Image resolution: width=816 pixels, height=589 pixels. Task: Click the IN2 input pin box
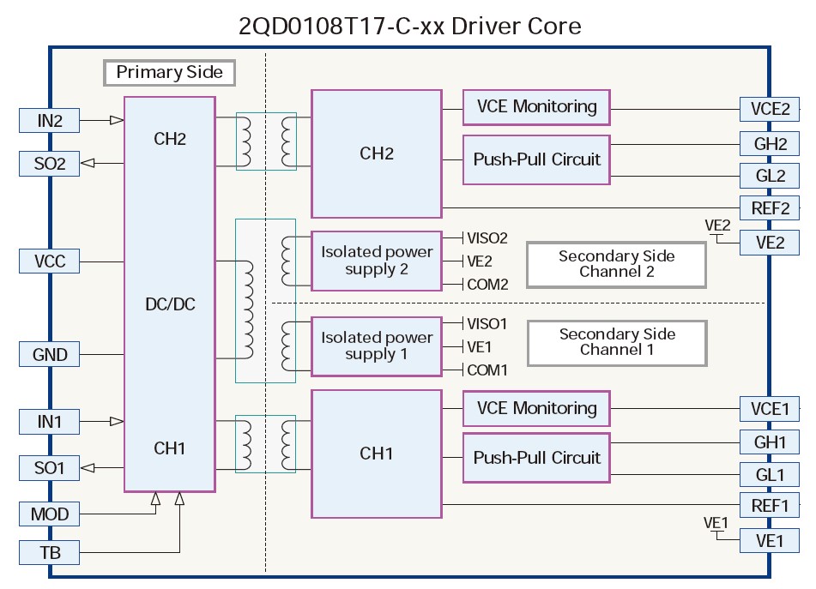[x=50, y=121]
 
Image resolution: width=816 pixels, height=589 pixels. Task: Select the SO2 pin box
[x=50, y=163]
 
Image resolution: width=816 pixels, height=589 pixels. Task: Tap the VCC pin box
[x=50, y=261]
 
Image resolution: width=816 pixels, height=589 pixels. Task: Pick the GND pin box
[x=50, y=354]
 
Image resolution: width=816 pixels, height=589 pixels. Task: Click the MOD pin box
[x=50, y=514]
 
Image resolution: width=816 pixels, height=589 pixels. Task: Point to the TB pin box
[x=50, y=553]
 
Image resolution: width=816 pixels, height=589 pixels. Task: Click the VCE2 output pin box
[x=770, y=109]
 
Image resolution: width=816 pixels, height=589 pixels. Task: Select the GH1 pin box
[x=770, y=443]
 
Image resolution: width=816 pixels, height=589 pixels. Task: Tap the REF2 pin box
[x=770, y=207]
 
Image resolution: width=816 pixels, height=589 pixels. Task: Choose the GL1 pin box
[x=770, y=474]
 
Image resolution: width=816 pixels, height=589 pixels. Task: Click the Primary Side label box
[x=169, y=72]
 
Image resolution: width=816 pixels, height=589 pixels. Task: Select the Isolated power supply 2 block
[x=377, y=261]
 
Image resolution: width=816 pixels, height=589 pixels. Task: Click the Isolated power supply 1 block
[x=377, y=346]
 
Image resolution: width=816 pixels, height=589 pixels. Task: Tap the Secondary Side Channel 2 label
[x=616, y=264]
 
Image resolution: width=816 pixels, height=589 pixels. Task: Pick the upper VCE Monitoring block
[x=536, y=107]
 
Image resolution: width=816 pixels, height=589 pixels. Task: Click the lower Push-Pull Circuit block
[x=536, y=458]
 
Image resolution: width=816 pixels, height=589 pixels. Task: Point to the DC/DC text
[x=170, y=304]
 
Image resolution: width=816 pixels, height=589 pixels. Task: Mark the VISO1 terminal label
[x=487, y=324]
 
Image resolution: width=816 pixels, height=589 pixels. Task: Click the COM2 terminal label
[x=487, y=285]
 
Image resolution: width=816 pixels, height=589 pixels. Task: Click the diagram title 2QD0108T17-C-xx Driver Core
[x=409, y=26]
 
